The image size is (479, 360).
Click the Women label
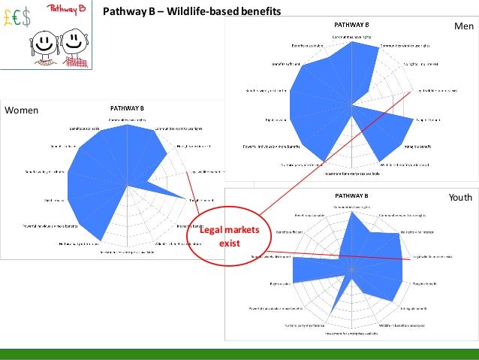(x=21, y=110)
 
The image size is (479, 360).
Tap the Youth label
(x=459, y=198)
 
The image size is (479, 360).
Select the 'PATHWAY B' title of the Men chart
(x=351, y=25)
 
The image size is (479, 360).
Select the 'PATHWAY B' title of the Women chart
(x=128, y=107)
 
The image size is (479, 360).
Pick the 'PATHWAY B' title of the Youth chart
(x=351, y=196)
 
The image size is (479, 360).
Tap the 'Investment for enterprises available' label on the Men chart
(x=351, y=174)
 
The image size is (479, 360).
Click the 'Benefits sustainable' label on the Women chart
(x=75, y=129)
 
